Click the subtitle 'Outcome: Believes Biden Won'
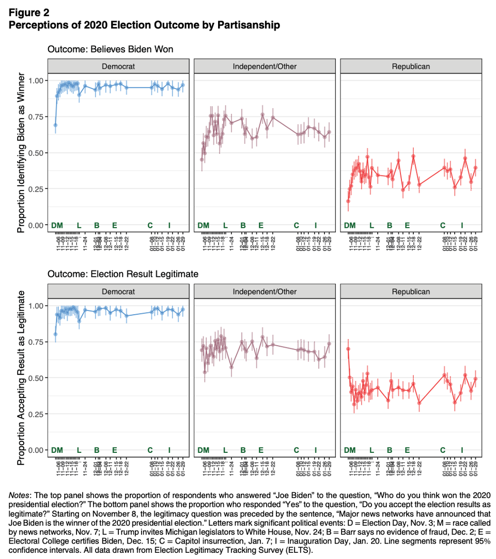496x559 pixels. pyautogui.click(x=110, y=49)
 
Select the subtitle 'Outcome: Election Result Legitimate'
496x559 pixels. pyautogui.click(x=122, y=274)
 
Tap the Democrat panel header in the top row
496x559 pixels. pyautogui.click(x=118, y=66)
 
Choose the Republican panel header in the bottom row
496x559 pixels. pyautogui.click(x=411, y=291)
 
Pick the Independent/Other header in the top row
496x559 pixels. pyautogui.click(x=265, y=66)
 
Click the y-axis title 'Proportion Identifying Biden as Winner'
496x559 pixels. pyautogui.click(x=21, y=153)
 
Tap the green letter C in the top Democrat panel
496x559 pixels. pyautogui.click(x=150, y=225)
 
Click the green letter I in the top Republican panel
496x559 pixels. pyautogui.click(x=462, y=225)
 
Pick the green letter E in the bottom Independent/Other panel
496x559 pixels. pyautogui.click(x=261, y=450)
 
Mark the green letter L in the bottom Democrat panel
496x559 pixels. pyautogui.click(x=79, y=450)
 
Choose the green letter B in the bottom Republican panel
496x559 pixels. pyautogui.click(x=390, y=450)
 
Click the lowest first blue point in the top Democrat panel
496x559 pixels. pyautogui.click(x=55, y=125)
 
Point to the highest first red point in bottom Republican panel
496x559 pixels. pyautogui.click(x=348, y=348)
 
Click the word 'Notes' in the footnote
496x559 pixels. pyautogui.click(x=20, y=495)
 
